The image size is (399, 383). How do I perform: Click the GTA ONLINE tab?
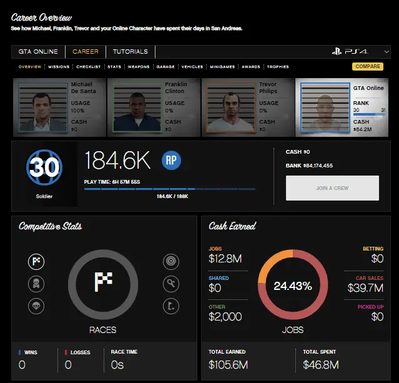click(x=37, y=52)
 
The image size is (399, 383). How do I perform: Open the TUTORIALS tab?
click(x=131, y=52)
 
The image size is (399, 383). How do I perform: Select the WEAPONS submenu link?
click(x=138, y=66)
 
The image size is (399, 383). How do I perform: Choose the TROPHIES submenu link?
click(x=278, y=66)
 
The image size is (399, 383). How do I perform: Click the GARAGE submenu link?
click(x=165, y=66)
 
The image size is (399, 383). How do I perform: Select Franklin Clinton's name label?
click(x=175, y=87)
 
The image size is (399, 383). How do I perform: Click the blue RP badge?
click(x=172, y=160)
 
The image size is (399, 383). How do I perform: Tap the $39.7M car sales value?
click(x=365, y=288)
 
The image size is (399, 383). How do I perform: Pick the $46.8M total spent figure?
click(x=321, y=364)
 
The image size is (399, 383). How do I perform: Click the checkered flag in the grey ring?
click(x=103, y=282)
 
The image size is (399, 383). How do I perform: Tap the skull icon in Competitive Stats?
click(x=36, y=284)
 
